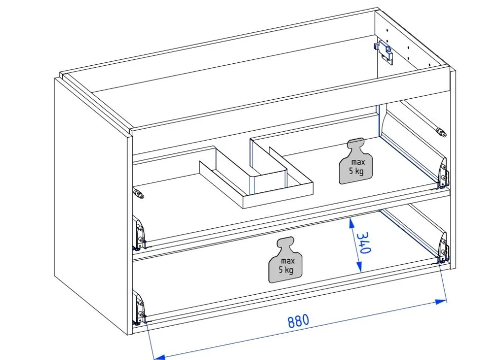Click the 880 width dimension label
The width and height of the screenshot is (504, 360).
click(x=298, y=321)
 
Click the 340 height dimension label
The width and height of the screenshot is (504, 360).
click(x=364, y=243)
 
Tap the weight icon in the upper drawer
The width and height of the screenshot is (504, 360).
click(x=356, y=161)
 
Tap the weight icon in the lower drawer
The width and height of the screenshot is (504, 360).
click(x=286, y=260)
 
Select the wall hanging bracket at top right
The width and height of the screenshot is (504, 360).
click(x=384, y=52)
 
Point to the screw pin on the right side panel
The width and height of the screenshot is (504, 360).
click(x=441, y=132)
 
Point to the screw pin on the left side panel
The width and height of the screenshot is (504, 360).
click(x=138, y=193)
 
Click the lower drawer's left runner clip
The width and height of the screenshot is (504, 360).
click(x=139, y=308)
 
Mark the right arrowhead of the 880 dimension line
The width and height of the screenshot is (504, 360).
click(x=441, y=302)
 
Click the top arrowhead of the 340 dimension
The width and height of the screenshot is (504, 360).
click(x=351, y=223)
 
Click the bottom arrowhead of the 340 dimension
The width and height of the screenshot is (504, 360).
click(x=359, y=266)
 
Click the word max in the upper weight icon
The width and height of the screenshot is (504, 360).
click(x=358, y=163)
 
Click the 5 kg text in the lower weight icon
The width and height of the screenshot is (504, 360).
click(x=286, y=269)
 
